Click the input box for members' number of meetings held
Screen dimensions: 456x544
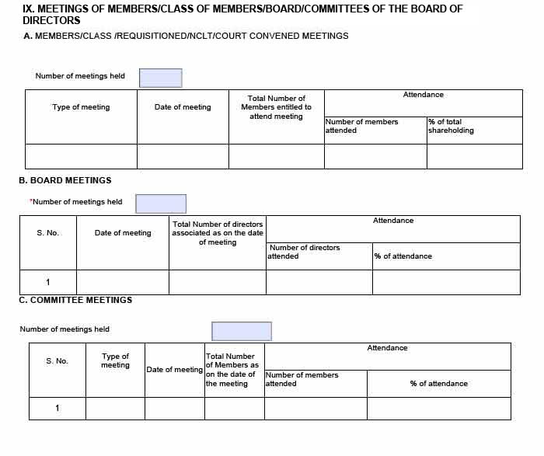click(160, 78)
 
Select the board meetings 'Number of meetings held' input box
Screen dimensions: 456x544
click(161, 204)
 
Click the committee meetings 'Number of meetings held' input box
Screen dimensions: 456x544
click(242, 331)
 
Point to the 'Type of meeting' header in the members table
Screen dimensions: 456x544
click(81, 107)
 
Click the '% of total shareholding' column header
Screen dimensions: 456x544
click(451, 126)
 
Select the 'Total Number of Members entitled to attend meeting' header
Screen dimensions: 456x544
click(276, 107)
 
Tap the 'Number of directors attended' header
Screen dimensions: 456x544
click(304, 252)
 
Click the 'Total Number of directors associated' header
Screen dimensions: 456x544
click(218, 233)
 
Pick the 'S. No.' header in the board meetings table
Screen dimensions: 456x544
click(47, 233)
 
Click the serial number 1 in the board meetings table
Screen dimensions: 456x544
click(47, 282)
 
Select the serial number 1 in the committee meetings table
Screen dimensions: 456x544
click(57, 409)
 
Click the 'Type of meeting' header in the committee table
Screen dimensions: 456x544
click(115, 360)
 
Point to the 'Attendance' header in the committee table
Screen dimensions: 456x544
click(387, 348)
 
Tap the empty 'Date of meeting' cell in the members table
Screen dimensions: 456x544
click(183, 156)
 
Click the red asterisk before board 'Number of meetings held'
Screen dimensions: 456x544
click(31, 201)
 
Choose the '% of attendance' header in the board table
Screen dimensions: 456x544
click(403, 256)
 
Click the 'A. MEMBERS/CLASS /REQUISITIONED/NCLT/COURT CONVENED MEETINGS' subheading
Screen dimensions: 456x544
click(186, 36)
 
